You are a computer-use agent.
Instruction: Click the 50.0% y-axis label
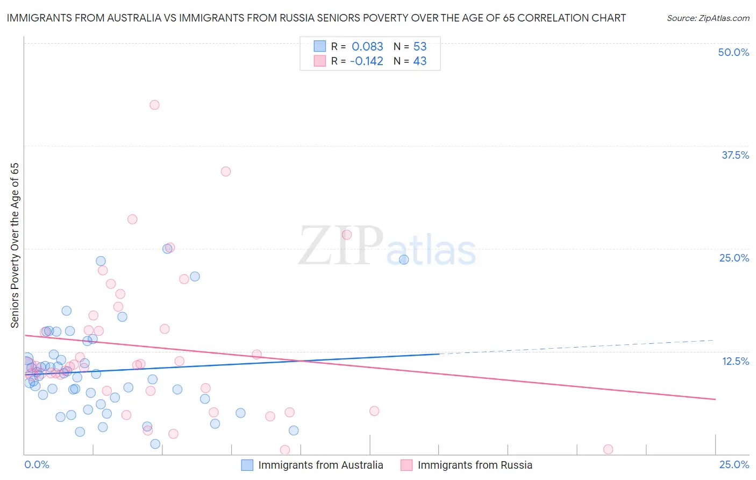click(x=733, y=52)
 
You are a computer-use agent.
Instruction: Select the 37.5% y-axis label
click(x=735, y=155)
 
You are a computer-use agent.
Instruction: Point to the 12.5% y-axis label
click(x=735, y=361)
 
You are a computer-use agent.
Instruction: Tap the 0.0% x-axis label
click(x=37, y=464)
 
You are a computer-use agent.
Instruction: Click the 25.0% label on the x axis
click(x=734, y=464)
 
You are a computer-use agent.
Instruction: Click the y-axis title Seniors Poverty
click(x=15, y=245)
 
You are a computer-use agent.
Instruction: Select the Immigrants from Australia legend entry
click(x=320, y=465)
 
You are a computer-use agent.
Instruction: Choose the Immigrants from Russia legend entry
click(x=475, y=465)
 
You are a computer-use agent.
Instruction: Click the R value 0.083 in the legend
click(x=367, y=47)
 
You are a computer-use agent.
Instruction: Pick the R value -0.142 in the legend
click(x=366, y=61)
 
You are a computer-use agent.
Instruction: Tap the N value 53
click(x=420, y=47)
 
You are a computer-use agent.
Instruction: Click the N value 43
click(x=420, y=61)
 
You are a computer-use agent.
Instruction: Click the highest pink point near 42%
click(x=154, y=105)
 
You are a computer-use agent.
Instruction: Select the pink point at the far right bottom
click(x=608, y=449)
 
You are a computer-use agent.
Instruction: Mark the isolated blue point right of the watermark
click(x=404, y=259)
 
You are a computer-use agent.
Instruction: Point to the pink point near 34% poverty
click(x=226, y=172)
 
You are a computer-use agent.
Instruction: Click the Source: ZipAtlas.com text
click(x=708, y=18)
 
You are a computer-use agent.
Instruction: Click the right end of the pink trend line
click(x=715, y=399)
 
